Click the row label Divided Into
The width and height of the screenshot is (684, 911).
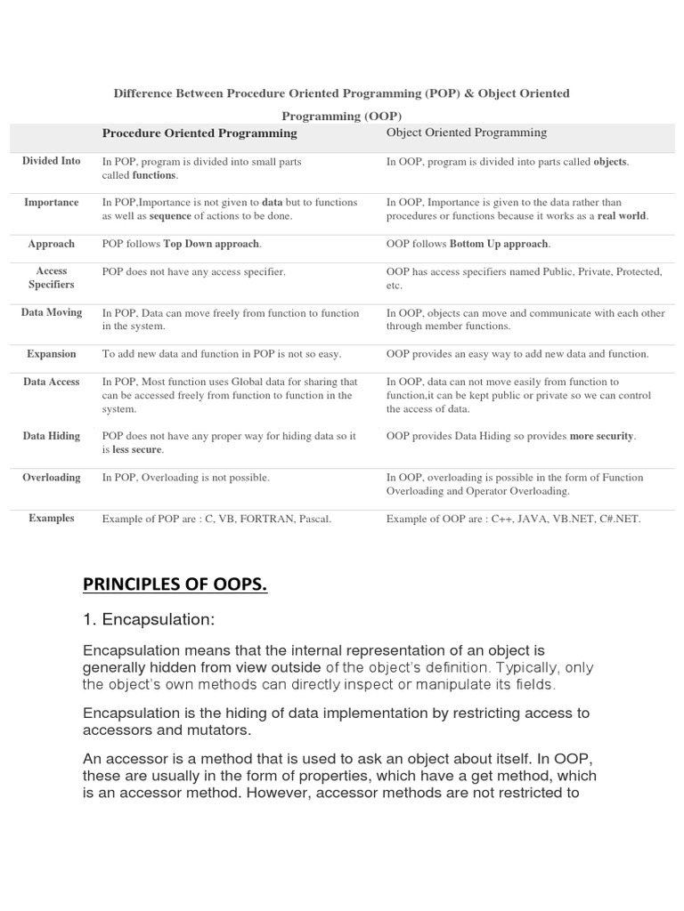point(52,161)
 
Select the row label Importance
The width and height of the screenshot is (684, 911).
point(52,202)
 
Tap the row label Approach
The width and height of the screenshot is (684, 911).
point(52,244)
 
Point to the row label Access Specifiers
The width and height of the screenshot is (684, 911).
point(52,278)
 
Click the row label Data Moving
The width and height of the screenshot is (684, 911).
point(52,312)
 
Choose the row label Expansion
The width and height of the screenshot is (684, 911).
point(52,354)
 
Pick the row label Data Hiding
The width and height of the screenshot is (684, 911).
point(52,436)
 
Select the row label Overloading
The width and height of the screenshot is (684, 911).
point(52,478)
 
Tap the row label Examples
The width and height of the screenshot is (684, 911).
point(52,518)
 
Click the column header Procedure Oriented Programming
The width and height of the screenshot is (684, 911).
point(199,133)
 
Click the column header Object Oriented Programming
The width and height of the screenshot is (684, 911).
point(467,133)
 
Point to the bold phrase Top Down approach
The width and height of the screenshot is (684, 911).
point(211,244)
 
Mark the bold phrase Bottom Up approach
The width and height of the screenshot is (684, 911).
point(500,244)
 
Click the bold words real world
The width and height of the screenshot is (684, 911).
point(622,216)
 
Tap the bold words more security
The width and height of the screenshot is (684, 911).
point(602,436)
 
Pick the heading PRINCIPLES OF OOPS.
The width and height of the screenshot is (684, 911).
point(175,584)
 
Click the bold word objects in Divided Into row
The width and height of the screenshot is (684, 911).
point(610,162)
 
